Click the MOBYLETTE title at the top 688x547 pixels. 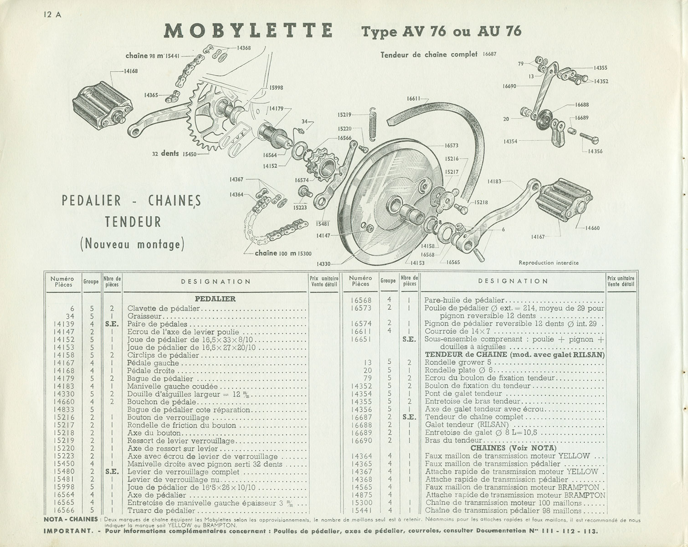coord(248,30)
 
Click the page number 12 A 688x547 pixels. coord(52,14)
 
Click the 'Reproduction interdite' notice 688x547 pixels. coord(549,263)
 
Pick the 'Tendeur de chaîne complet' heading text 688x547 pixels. coord(428,54)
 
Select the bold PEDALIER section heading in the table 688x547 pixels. coord(215,299)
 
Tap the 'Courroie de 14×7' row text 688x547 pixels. coord(453,331)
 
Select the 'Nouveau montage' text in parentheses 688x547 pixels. coord(133,245)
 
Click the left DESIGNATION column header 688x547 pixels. coord(216,282)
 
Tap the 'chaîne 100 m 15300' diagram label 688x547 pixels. coord(283,253)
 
